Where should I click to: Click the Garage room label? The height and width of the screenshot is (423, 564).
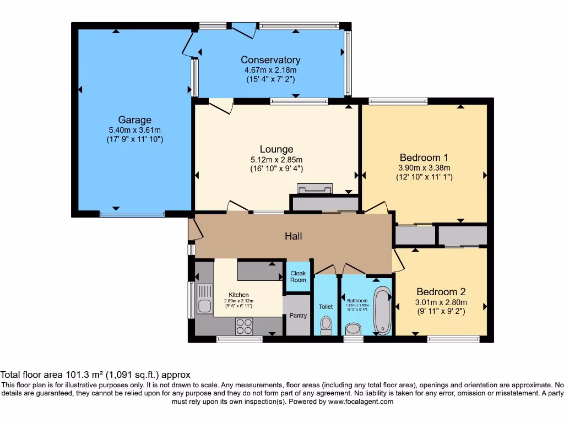pyautogui.click(x=134, y=120)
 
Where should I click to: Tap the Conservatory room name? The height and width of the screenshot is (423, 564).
pyautogui.click(x=270, y=60)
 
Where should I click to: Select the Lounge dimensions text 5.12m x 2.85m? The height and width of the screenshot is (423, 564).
pyautogui.click(x=276, y=159)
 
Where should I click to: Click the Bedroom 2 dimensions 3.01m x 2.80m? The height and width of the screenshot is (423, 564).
pyautogui.click(x=441, y=302)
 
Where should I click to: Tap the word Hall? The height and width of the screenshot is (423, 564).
pyautogui.click(x=293, y=236)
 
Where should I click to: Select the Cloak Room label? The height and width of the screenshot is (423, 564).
pyautogui.click(x=298, y=276)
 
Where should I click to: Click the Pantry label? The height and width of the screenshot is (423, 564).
pyautogui.click(x=298, y=316)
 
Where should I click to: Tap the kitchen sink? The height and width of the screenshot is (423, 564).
pyautogui.click(x=204, y=298)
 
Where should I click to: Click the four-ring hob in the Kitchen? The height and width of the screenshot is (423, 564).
pyautogui.click(x=244, y=326)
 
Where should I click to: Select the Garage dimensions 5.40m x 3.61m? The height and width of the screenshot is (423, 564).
pyautogui.click(x=134, y=130)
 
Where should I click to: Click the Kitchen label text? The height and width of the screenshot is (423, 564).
pyautogui.click(x=238, y=295)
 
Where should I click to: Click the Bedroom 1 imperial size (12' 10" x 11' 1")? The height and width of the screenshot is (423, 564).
pyautogui.click(x=424, y=177)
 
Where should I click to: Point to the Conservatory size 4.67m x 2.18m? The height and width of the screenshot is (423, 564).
pyautogui.click(x=270, y=70)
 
